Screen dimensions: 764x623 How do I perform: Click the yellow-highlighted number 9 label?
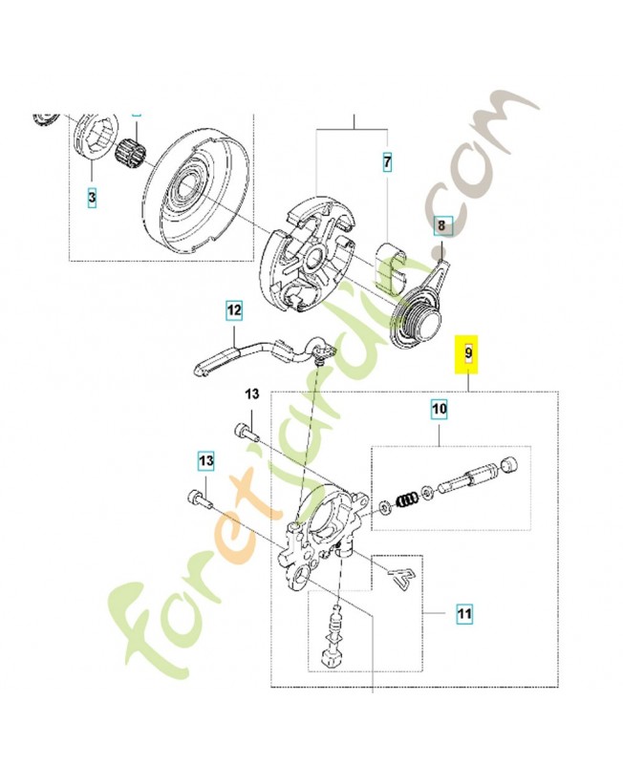467,352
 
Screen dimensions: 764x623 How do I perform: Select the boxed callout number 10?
439,411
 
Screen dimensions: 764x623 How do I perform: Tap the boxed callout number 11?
463,611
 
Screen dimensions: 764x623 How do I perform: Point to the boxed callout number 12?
234,309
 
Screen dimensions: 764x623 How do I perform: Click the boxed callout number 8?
441,225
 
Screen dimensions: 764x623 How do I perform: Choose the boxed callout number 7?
387,163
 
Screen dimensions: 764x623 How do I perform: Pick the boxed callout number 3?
92,198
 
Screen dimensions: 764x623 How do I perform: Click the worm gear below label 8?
419,315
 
